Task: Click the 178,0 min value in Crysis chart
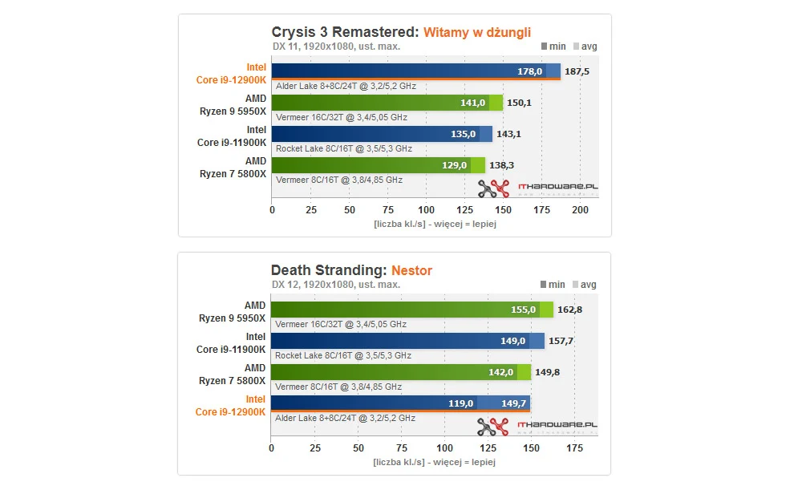click(x=529, y=71)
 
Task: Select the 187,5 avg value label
click(x=576, y=71)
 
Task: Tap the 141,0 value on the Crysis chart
click(x=473, y=103)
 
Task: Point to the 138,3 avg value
click(x=502, y=165)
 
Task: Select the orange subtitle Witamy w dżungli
click(x=488, y=33)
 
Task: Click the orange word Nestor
click(x=411, y=270)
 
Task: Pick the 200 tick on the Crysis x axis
click(x=581, y=209)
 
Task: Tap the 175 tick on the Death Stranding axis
click(x=574, y=447)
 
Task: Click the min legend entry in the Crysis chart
click(x=553, y=47)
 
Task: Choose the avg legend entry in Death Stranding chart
click(x=584, y=285)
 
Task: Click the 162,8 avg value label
click(x=569, y=310)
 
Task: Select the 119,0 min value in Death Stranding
click(x=460, y=403)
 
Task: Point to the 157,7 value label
click(x=561, y=341)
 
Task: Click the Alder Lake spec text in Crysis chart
click(x=345, y=86)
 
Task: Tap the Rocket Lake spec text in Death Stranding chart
click(x=342, y=355)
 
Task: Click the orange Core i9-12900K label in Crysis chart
click(x=232, y=80)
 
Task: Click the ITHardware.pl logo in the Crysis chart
click(x=537, y=188)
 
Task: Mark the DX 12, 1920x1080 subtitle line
click(x=335, y=285)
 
